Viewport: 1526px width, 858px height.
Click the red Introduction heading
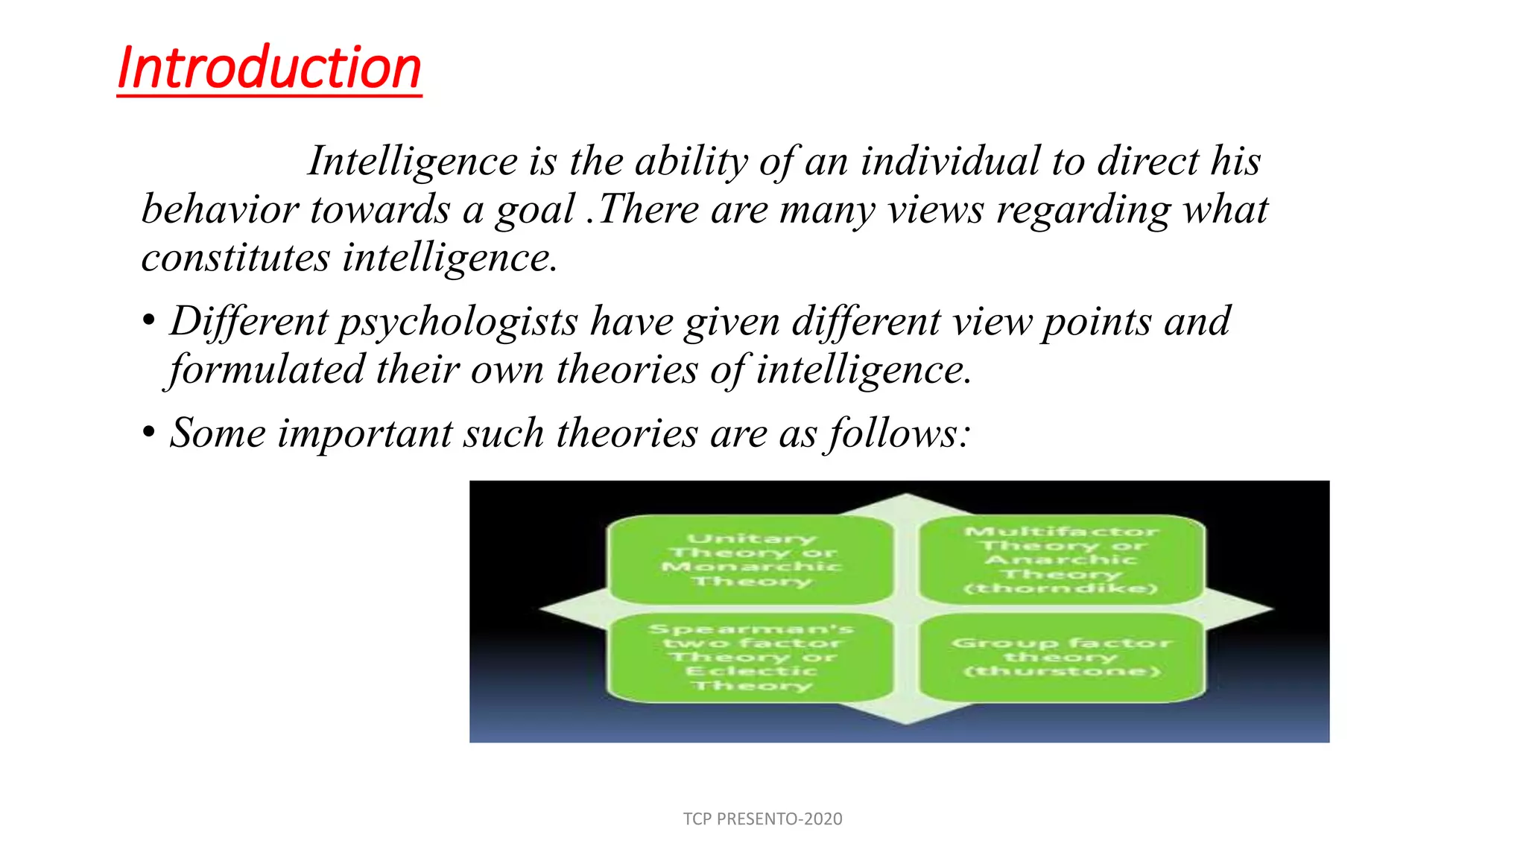tap(269, 68)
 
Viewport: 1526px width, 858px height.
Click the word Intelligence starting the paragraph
tap(413, 161)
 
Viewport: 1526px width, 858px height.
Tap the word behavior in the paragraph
tap(220, 209)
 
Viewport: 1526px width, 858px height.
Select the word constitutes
tap(235, 258)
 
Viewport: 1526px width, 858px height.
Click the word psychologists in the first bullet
tap(458, 322)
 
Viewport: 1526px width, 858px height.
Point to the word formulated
tap(267, 369)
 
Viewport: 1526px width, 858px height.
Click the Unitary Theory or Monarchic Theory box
tap(751, 559)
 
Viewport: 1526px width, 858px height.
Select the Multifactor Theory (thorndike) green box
tap(1061, 559)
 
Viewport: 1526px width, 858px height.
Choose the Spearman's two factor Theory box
tap(751, 657)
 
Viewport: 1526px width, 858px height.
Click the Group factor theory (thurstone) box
tap(1061, 657)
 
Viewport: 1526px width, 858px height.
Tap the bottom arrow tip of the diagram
tap(906, 721)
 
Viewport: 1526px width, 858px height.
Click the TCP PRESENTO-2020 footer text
tap(762, 819)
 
